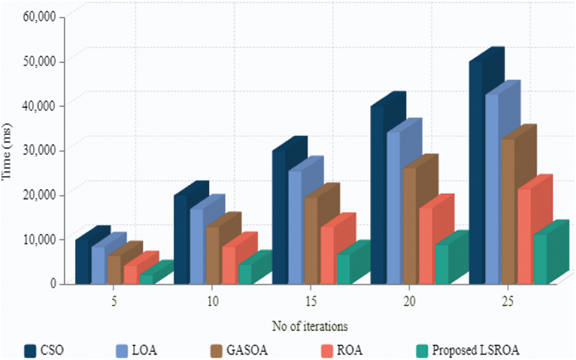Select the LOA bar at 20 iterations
394,207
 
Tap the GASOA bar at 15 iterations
312,240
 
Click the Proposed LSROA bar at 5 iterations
147,278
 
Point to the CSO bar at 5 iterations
83,261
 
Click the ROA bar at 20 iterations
426,245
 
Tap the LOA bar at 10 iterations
197,246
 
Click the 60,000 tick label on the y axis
39,16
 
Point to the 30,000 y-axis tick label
39,150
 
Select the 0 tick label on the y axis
53,283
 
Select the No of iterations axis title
310,326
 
